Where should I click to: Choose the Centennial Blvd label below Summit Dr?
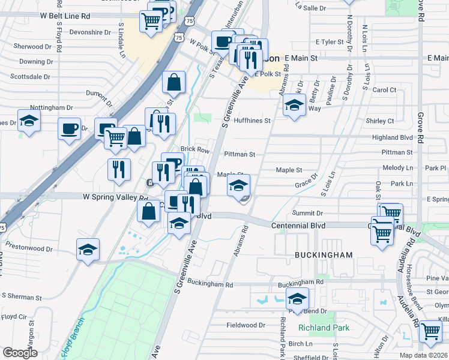(x=298, y=225)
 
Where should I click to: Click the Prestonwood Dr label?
(x=32, y=247)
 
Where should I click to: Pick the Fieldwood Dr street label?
(x=246, y=325)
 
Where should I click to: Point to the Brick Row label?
(x=194, y=149)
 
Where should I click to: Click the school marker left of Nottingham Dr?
(x=29, y=122)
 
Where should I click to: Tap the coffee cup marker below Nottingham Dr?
(x=69, y=129)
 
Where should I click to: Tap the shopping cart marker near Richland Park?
(x=430, y=331)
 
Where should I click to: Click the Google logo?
(x=20, y=353)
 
